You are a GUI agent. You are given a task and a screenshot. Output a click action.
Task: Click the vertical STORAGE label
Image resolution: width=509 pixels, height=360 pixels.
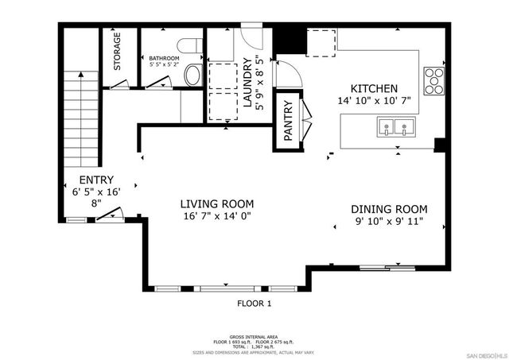point(118,52)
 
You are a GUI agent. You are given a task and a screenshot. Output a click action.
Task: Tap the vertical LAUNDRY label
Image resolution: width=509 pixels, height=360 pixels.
point(247,83)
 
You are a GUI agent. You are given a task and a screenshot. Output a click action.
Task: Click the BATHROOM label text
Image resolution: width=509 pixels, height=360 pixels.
point(164,59)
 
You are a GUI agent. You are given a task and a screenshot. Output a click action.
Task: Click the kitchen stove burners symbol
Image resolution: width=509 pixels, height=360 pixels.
point(435,77)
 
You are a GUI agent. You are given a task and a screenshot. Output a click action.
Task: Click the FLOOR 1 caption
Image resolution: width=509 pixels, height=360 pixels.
point(254,303)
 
